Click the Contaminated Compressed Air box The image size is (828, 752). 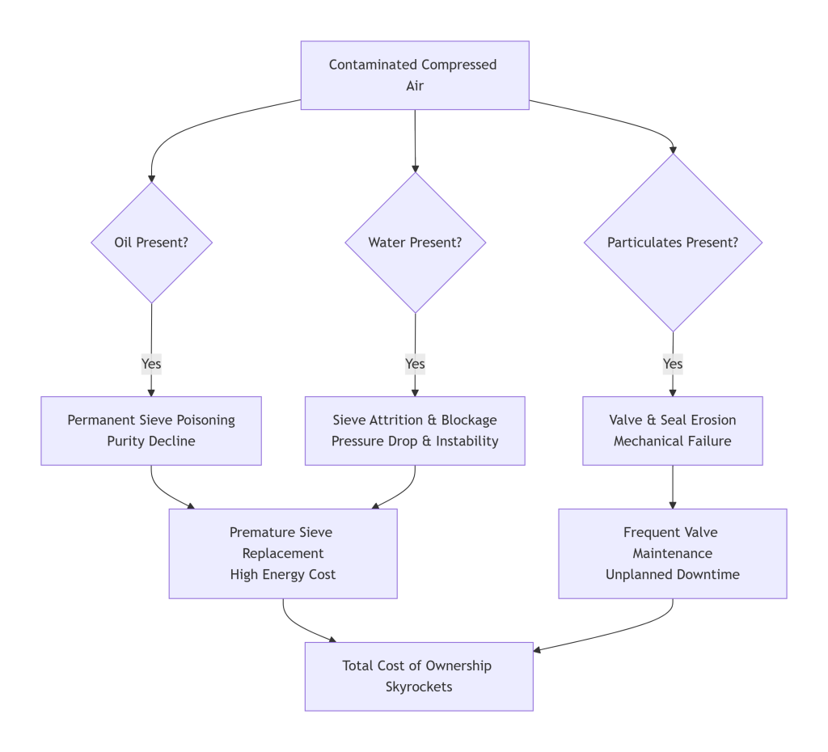pyautogui.click(x=415, y=75)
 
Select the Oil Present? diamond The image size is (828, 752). pyautogui.click(x=151, y=242)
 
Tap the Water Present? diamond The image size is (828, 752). pyautogui.click(x=415, y=242)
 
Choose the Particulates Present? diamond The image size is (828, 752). pyautogui.click(x=673, y=242)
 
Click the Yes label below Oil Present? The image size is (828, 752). pyautogui.click(x=151, y=364)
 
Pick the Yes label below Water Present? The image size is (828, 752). pyautogui.click(x=415, y=364)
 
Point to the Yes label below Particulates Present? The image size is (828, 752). pyautogui.click(x=673, y=364)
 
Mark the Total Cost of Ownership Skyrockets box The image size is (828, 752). pyautogui.click(x=418, y=676)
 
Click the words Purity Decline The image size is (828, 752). pyautogui.click(x=151, y=441)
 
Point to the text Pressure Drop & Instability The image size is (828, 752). pyautogui.click(x=415, y=441)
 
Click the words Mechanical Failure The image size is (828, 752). pyautogui.click(x=673, y=441)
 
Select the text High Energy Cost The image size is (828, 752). pyautogui.click(x=282, y=575)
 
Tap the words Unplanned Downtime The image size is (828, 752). pyautogui.click(x=673, y=575)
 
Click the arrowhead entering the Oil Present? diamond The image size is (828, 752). pyautogui.click(x=151, y=178)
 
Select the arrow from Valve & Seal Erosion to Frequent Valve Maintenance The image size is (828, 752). pyautogui.click(x=673, y=487)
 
